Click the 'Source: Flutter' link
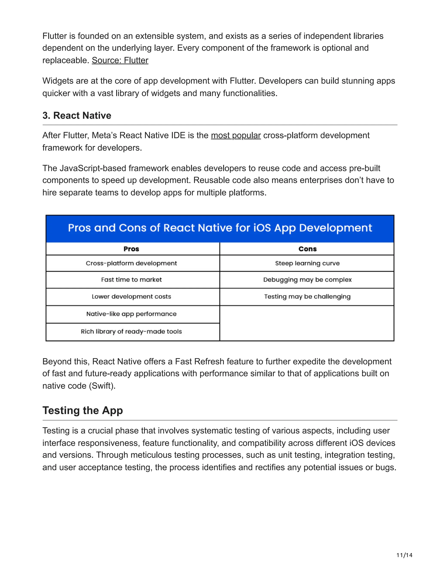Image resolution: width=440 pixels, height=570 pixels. (120, 60)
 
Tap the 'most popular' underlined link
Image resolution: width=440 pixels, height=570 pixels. (236, 136)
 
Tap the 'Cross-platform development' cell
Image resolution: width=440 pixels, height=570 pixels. (131, 263)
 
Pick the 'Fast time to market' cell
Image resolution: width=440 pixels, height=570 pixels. (131, 280)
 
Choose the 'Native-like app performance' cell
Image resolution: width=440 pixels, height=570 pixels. (131, 314)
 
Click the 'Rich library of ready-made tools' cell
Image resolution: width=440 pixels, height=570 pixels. (131, 331)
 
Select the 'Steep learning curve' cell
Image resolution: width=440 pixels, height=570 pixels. (307, 263)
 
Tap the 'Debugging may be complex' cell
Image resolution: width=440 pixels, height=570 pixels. (307, 280)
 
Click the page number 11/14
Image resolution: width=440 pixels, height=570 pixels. (404, 555)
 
